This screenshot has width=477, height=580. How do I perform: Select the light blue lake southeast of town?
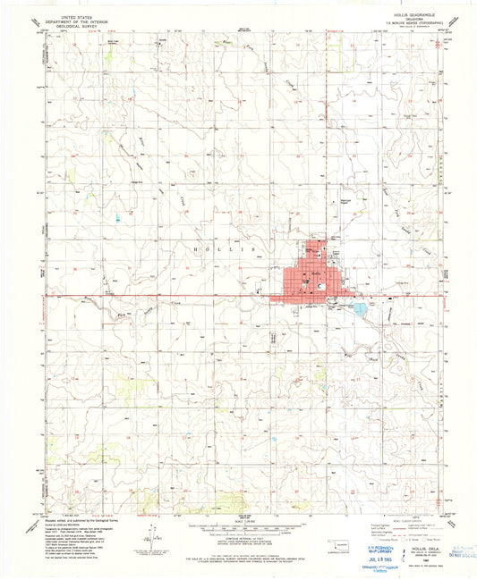click(360, 309)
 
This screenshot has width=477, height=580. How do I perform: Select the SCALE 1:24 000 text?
click(237, 519)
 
